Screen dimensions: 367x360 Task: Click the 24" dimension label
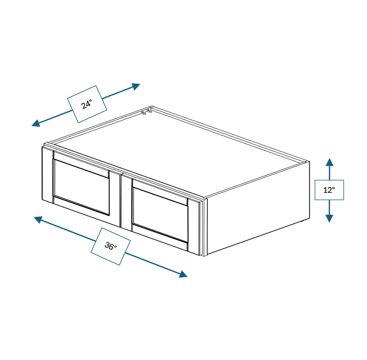point(87,104)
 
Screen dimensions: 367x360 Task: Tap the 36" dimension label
point(110,246)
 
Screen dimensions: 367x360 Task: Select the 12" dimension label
point(329,190)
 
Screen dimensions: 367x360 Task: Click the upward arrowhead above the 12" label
point(329,162)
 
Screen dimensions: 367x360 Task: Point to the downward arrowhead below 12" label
point(329,218)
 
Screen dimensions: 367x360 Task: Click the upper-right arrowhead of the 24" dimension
point(136,86)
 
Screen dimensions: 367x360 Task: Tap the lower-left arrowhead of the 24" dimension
point(36,123)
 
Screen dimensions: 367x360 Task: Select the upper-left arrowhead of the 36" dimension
point(38,219)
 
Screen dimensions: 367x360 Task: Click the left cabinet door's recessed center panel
point(81,187)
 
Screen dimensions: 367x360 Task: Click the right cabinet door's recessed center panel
point(160,214)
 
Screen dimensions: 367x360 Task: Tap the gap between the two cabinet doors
point(121,201)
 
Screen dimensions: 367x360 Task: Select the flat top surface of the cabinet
point(178,151)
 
